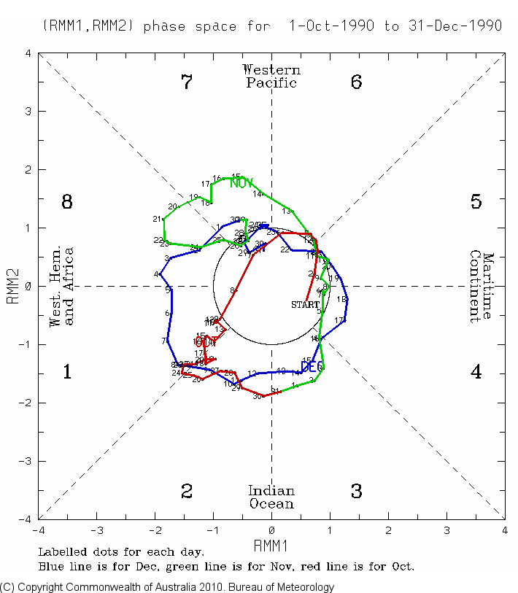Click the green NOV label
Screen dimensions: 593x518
(241, 182)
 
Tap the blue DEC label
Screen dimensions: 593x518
(312, 366)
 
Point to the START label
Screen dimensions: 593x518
(305, 304)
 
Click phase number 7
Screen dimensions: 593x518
(186, 82)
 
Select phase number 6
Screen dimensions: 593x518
(356, 82)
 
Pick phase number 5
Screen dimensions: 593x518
(476, 202)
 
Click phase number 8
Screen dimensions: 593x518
(67, 202)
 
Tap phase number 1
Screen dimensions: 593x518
(67, 372)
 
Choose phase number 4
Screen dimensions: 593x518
(476, 372)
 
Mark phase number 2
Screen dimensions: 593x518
(186, 492)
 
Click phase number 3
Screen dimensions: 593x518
(356, 492)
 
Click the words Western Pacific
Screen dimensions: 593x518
(271, 76)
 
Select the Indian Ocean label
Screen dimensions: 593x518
(271, 497)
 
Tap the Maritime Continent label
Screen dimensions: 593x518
(482, 287)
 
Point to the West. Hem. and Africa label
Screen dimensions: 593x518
(61, 287)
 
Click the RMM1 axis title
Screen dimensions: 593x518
(271, 546)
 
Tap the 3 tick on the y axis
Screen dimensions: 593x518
(27, 112)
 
